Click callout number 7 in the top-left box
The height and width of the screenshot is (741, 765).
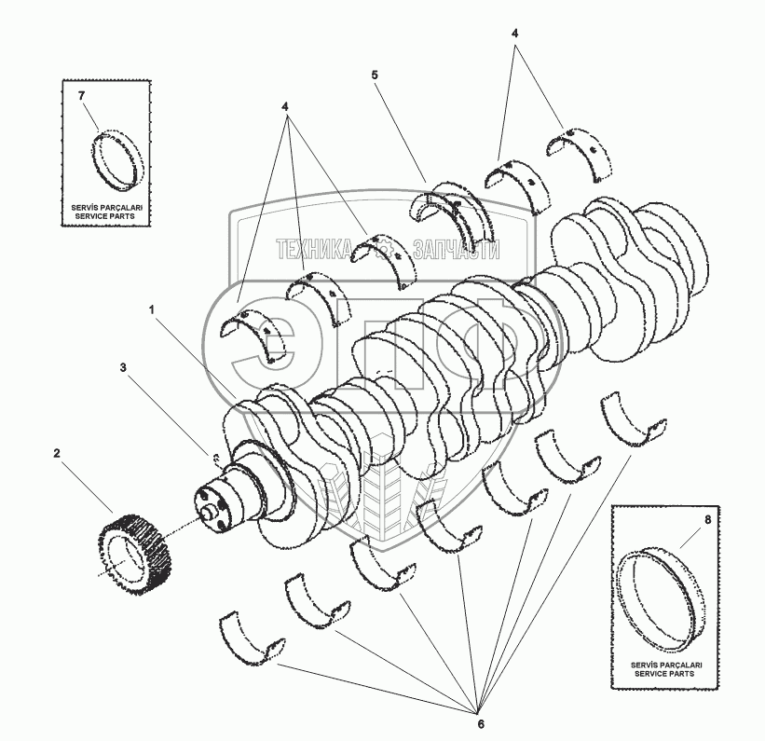tap(81, 96)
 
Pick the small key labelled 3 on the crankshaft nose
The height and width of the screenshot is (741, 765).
tap(215, 456)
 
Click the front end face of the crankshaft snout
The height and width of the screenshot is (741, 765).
tap(212, 509)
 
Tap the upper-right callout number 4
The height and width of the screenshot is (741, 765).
tap(514, 33)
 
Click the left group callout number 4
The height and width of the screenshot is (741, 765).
tap(287, 107)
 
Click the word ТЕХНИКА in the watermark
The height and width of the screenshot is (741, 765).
tap(312, 249)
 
